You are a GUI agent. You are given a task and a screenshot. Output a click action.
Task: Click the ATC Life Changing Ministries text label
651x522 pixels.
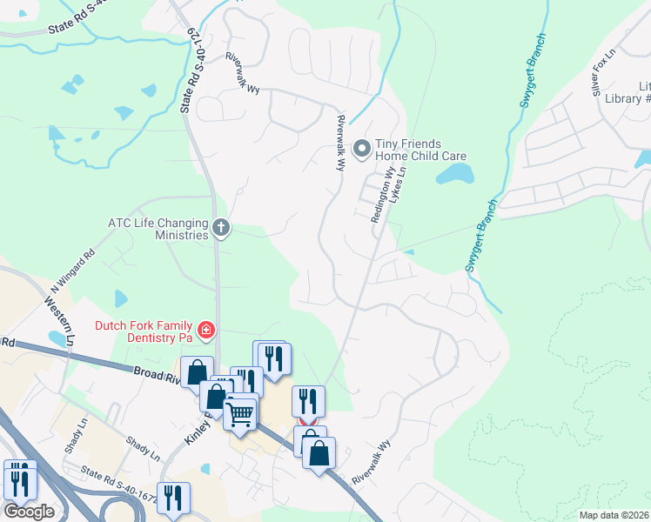[x=158, y=229]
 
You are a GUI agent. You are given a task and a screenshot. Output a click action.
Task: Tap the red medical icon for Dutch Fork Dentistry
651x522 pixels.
[x=205, y=330]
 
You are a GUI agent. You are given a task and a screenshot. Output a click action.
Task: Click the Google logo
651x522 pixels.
[x=29, y=512]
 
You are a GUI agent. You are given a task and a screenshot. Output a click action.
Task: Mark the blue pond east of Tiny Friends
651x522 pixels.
[x=455, y=175]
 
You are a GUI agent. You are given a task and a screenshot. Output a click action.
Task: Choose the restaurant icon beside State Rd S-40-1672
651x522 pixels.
[x=173, y=498]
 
